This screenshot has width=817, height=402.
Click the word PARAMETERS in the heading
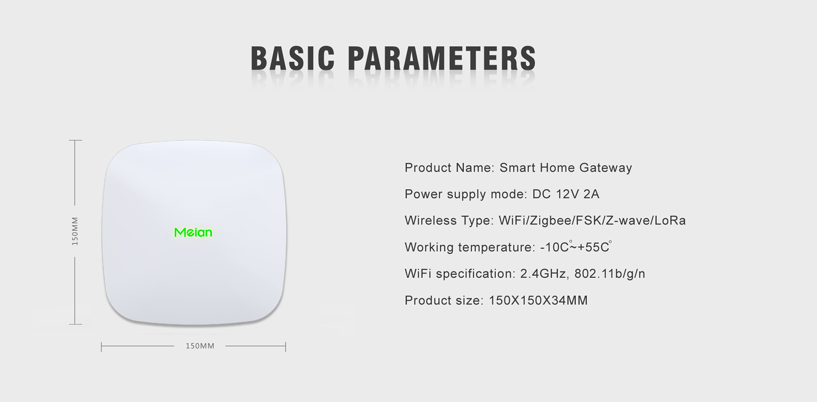(x=442, y=58)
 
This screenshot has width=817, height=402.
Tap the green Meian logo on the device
(x=193, y=232)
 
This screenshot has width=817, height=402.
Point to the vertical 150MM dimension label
(x=75, y=231)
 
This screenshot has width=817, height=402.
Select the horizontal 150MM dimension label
(x=200, y=346)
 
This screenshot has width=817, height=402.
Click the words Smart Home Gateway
(x=566, y=168)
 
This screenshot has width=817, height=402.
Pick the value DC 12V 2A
(x=566, y=194)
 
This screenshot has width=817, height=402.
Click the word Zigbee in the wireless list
(x=552, y=220)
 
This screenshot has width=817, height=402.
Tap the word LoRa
(x=670, y=220)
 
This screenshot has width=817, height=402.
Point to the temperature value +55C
(x=595, y=247)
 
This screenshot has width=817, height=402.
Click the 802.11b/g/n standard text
(x=610, y=274)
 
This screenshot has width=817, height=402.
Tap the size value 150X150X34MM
(x=538, y=300)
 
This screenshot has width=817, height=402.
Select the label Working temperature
(x=470, y=247)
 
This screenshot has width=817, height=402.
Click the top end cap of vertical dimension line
(x=75, y=140)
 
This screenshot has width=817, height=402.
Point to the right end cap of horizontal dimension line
(x=286, y=347)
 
